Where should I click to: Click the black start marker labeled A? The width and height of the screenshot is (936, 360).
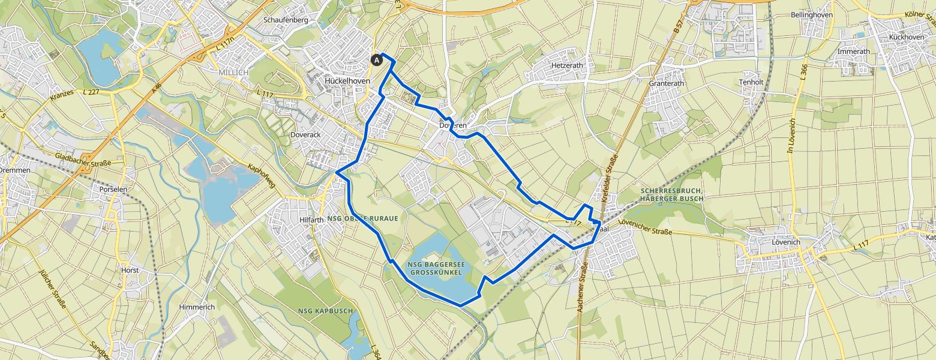point(377,59)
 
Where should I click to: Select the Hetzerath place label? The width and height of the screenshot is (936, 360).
point(567,64)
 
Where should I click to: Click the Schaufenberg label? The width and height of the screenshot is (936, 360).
point(286,20)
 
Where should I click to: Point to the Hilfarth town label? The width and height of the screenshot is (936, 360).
point(311,220)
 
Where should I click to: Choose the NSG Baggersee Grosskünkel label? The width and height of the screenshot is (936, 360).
point(436,268)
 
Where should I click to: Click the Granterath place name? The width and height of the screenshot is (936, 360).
point(667,84)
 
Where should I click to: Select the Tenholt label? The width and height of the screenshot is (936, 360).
point(751,82)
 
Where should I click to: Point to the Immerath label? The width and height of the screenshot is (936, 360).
point(853,52)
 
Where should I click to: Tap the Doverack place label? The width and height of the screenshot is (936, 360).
point(305,135)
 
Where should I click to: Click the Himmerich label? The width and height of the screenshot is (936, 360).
point(197,307)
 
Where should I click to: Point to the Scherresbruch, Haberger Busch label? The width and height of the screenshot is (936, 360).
point(670,194)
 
